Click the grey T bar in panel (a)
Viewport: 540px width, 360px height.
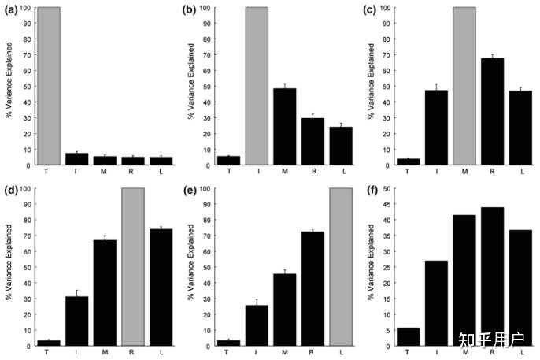point(49,86)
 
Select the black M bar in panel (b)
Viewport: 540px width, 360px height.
point(285,127)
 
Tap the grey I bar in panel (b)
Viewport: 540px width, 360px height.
point(257,86)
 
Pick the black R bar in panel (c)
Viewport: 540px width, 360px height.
point(493,112)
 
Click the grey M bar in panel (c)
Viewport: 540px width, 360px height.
point(464,86)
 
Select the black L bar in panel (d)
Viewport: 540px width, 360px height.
point(161,288)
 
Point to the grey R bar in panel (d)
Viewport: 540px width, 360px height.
point(133,267)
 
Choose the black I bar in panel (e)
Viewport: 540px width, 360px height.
point(257,325)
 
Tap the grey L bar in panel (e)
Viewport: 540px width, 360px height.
point(341,267)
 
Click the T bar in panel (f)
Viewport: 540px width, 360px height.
point(408,337)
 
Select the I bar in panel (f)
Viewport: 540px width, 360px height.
point(436,303)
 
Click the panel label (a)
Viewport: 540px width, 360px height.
point(11,10)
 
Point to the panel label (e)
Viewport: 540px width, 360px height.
point(190,191)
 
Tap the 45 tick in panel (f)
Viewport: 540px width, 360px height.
point(387,204)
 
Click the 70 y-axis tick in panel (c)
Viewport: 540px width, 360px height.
point(387,55)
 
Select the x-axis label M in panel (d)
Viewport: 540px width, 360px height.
point(105,352)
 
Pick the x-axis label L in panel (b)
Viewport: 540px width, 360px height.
point(344,171)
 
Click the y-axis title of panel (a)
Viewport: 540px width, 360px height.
point(9,80)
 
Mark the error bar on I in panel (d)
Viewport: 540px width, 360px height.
point(77,293)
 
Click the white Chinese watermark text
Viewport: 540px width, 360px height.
point(491,340)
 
